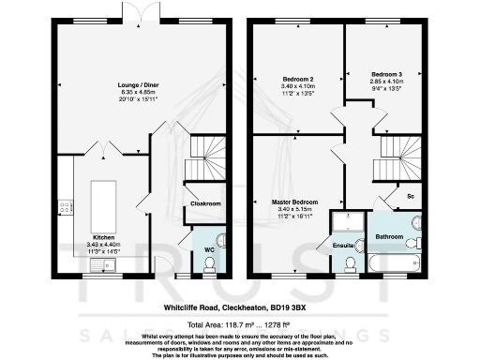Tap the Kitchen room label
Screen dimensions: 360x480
coord(103,237)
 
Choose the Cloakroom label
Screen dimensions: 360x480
coord(204,202)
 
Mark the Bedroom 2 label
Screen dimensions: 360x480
coord(297,79)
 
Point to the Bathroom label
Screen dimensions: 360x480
coord(389,237)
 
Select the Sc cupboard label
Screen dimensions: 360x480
coord(410,195)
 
